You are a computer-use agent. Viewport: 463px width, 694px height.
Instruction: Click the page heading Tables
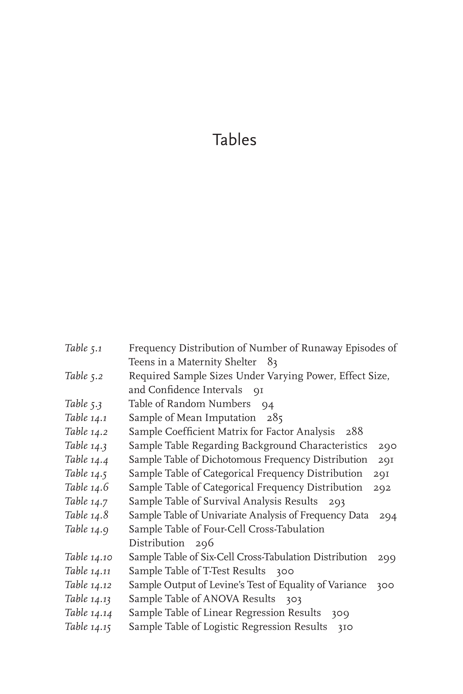pyautogui.click(x=234, y=140)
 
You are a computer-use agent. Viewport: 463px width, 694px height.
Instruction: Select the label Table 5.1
pyautogui.click(x=84, y=349)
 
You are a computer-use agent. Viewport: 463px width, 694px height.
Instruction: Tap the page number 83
pyautogui.click(x=272, y=362)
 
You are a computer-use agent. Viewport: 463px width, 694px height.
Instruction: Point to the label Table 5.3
pyautogui.click(x=84, y=404)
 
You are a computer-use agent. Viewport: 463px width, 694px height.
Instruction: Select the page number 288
pyautogui.click(x=354, y=432)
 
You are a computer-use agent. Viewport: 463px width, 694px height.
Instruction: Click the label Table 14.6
pyautogui.click(x=87, y=487)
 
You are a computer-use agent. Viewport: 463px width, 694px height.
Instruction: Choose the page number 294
pyautogui.click(x=388, y=515)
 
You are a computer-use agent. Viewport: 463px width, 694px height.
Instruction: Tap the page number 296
pyautogui.click(x=204, y=543)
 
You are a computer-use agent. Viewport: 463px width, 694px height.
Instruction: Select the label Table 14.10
pyautogui.click(x=88, y=557)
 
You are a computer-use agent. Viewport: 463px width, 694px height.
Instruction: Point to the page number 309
pyautogui.click(x=340, y=613)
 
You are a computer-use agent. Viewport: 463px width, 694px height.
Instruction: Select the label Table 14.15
pyautogui.click(x=88, y=627)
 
